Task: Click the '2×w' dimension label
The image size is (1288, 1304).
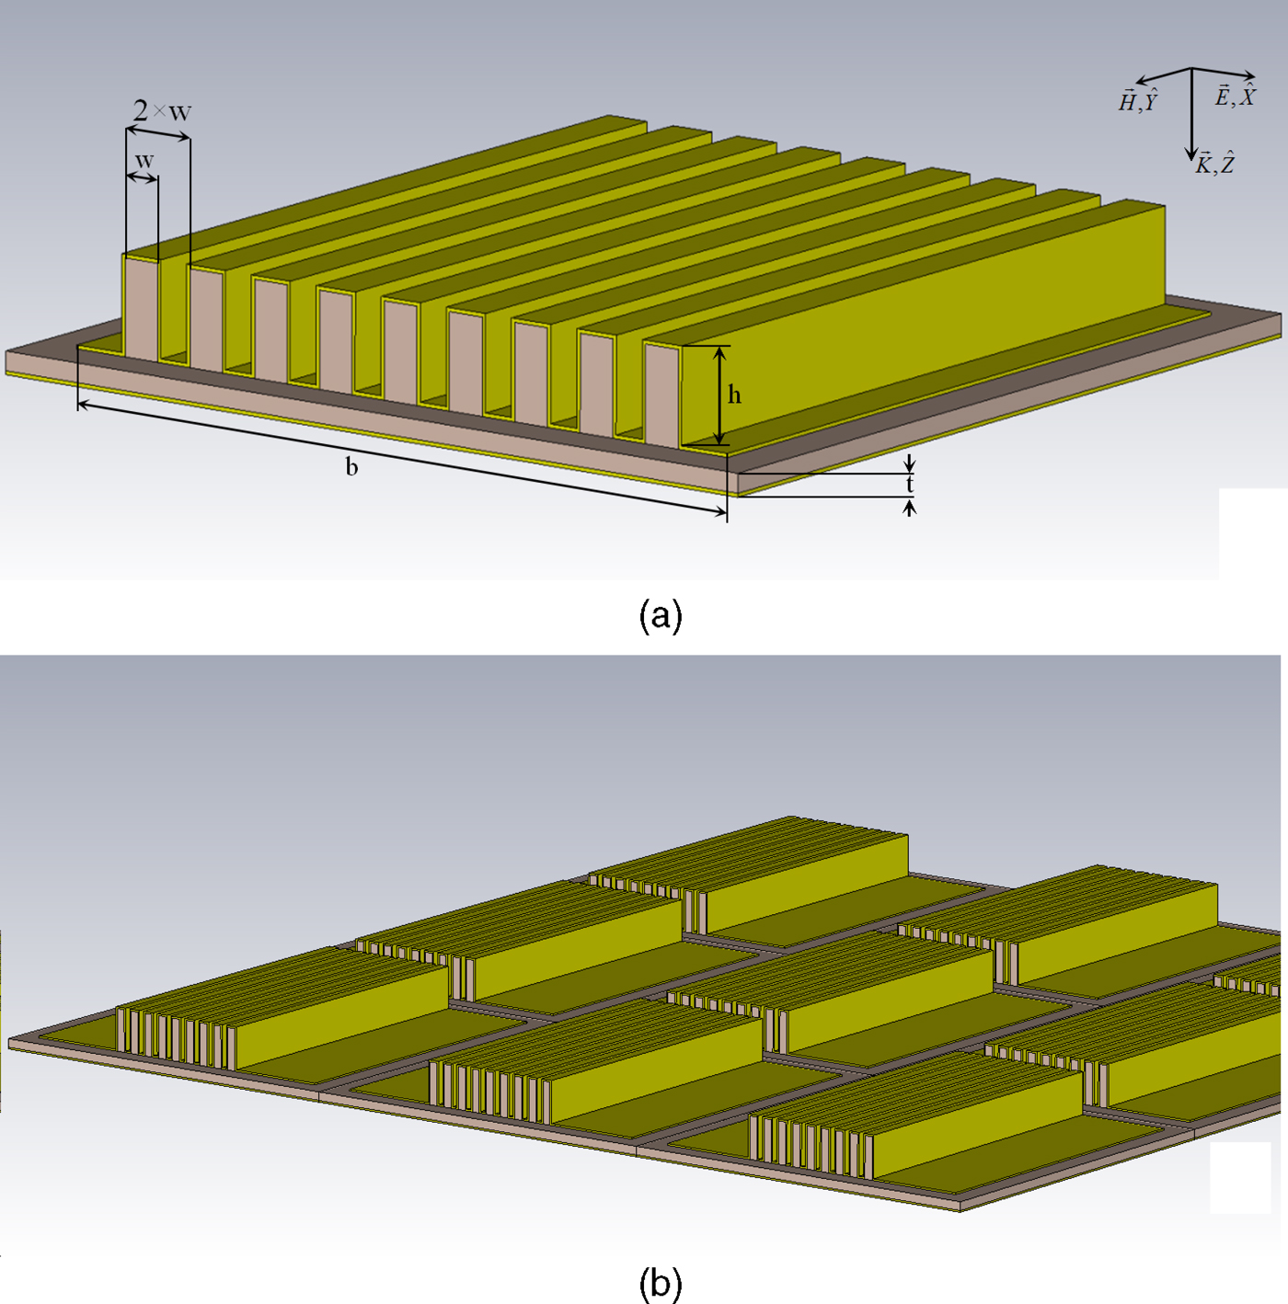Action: (x=162, y=111)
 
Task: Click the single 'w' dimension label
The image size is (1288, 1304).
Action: (x=144, y=161)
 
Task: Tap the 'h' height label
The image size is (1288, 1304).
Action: (x=734, y=395)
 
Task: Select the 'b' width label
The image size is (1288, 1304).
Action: (x=351, y=467)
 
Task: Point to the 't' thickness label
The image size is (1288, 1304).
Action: (x=910, y=484)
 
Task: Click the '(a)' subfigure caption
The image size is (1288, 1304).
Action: (x=660, y=614)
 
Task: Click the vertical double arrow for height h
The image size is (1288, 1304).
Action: (x=719, y=395)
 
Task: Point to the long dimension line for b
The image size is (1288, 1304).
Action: (x=402, y=458)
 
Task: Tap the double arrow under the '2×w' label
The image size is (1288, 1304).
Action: (x=158, y=132)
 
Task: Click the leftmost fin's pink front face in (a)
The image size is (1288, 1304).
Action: (x=141, y=308)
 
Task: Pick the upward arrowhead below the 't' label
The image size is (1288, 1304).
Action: (x=910, y=507)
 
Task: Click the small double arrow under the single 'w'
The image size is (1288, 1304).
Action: (x=143, y=177)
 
